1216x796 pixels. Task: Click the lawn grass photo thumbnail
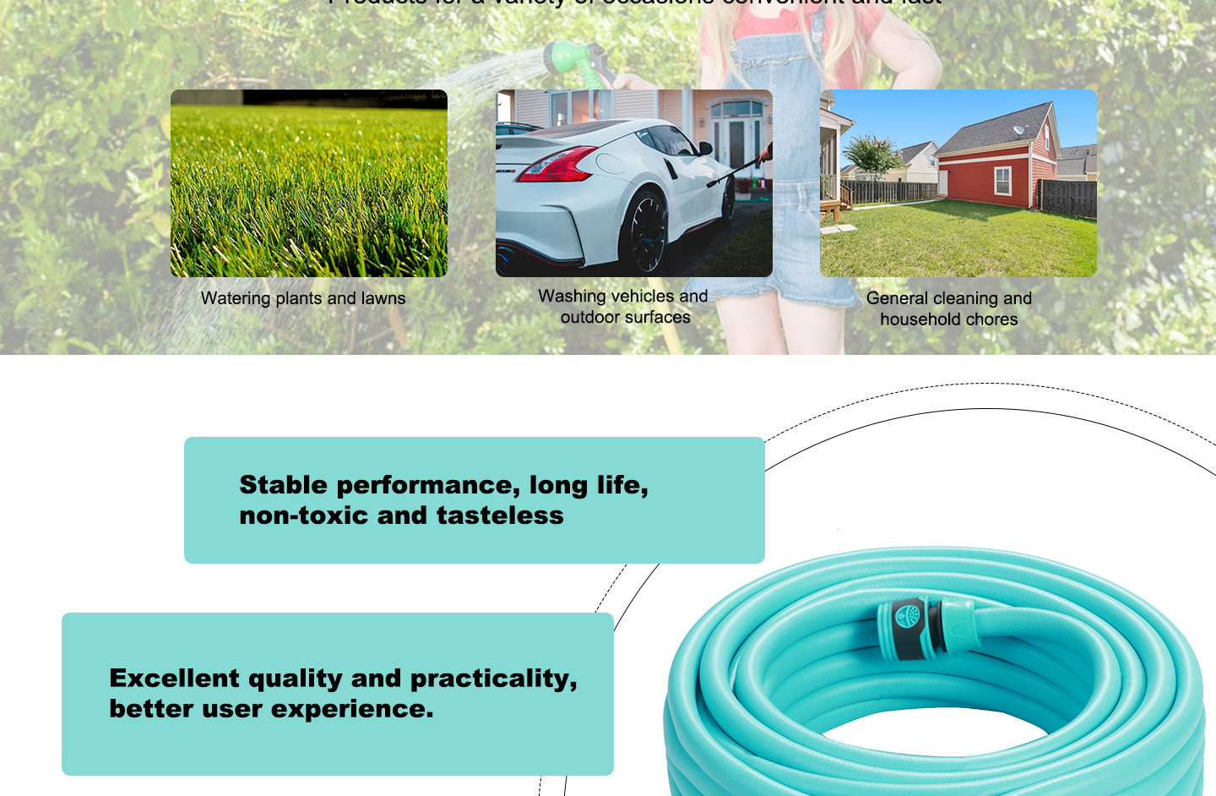(x=309, y=183)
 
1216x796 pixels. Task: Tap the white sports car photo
(x=633, y=183)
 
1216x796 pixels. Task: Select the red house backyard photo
(x=958, y=183)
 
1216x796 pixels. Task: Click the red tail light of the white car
(x=556, y=164)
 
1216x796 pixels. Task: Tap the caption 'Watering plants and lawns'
(x=303, y=298)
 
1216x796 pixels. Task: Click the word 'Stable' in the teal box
(x=283, y=485)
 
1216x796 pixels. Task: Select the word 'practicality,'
(x=494, y=679)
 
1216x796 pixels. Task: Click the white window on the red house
(x=1002, y=179)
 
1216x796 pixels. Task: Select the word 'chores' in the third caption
(x=991, y=319)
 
